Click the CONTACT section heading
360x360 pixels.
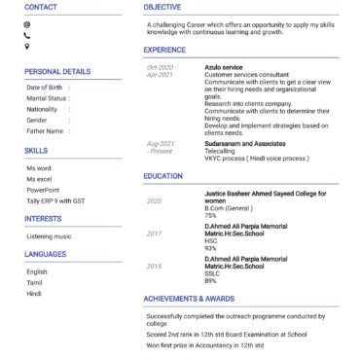(40, 7)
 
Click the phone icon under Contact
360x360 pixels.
(27, 35)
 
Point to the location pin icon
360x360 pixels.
(27, 46)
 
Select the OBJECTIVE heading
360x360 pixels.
(162, 7)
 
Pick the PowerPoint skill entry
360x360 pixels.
(43, 191)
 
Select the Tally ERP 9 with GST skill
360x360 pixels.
(55, 201)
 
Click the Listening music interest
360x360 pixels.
(49, 236)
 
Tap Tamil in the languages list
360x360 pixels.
(34, 282)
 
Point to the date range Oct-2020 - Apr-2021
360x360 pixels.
(161, 71)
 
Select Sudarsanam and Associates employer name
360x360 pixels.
(240, 143)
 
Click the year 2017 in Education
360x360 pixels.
(155, 234)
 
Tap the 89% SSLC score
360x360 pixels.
(210, 281)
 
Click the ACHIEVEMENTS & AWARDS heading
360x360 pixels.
(189, 299)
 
